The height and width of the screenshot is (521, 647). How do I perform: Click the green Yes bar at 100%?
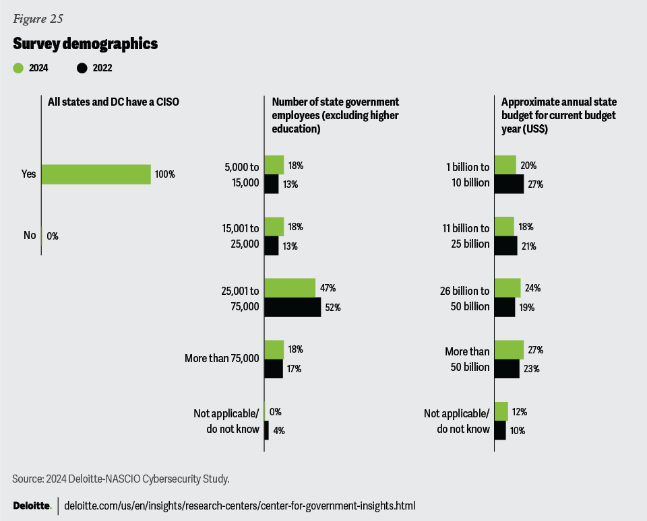96,174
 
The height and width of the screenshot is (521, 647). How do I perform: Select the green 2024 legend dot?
18,67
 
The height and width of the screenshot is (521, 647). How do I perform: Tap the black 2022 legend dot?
82,67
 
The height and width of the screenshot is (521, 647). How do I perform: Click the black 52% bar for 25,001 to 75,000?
292,308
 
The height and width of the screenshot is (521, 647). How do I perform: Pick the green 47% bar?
290,288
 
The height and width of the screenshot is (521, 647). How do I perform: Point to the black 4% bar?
266,431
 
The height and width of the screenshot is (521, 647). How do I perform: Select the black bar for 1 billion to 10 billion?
509,184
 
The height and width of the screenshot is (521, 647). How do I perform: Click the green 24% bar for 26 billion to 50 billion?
507,288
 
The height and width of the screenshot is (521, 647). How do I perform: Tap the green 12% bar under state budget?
501,411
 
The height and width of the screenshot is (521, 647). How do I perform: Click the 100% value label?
164,174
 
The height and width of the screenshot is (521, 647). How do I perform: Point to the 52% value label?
334,308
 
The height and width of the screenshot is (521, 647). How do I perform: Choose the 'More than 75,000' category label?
222,359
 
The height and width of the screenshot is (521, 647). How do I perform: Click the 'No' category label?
30,236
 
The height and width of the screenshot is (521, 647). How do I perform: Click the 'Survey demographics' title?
85,44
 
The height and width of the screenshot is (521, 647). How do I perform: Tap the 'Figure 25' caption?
38,19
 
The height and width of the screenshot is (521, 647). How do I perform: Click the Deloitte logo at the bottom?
32,506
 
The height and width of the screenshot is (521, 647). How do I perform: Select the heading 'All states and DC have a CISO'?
113,102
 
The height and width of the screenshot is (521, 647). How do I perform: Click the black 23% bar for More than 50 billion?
507,369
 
